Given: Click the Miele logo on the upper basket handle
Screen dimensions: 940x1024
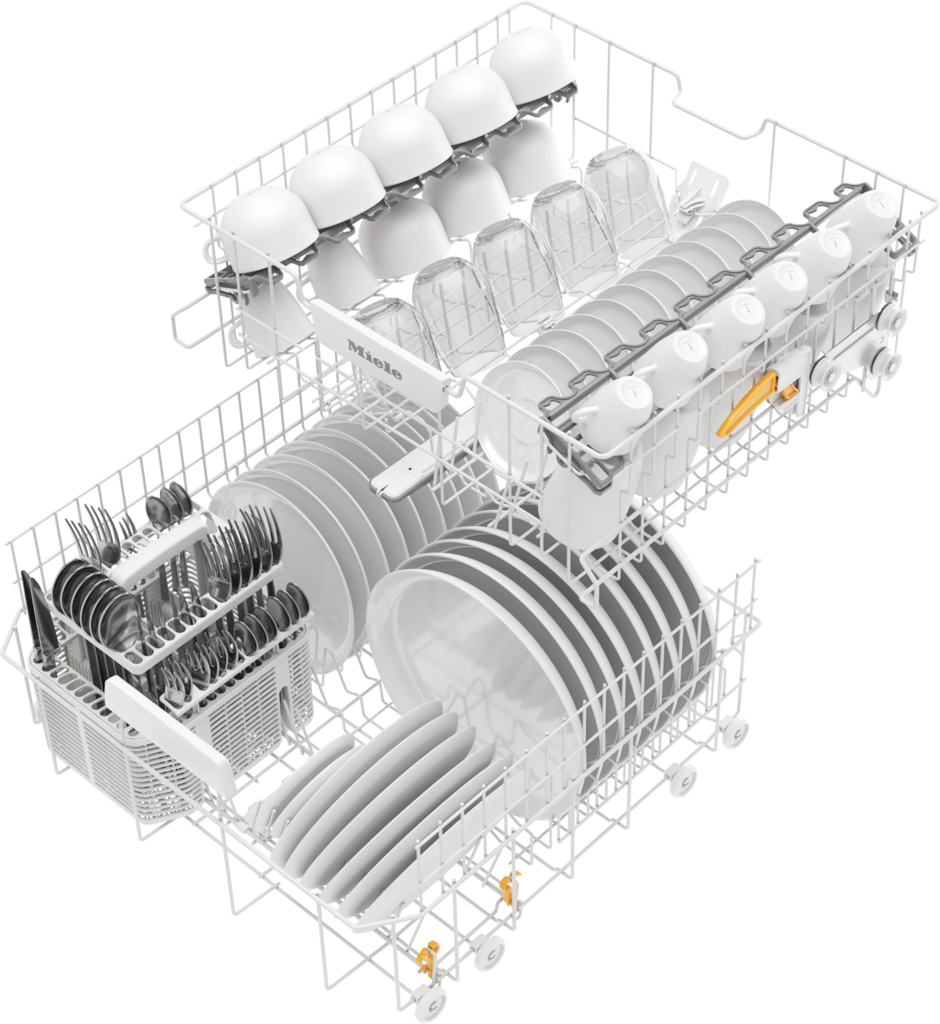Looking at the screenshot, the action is [x=374, y=360].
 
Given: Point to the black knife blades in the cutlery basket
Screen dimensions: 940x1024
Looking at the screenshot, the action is [x=35, y=620].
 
